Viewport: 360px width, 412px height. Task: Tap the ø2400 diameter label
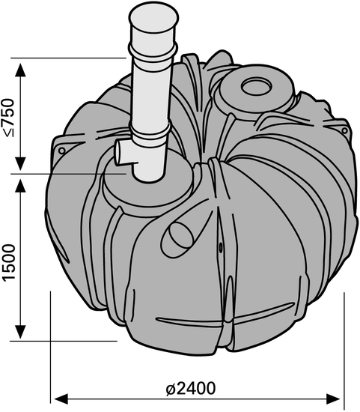(191, 389)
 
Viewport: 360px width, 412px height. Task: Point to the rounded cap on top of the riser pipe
(153, 18)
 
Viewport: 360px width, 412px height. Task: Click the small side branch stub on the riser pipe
(125, 153)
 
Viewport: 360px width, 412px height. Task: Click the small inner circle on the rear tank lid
(256, 86)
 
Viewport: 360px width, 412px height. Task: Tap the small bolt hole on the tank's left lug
(62, 151)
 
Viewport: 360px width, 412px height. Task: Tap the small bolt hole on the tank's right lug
(344, 130)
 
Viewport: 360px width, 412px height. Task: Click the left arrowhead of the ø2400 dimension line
(61, 399)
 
